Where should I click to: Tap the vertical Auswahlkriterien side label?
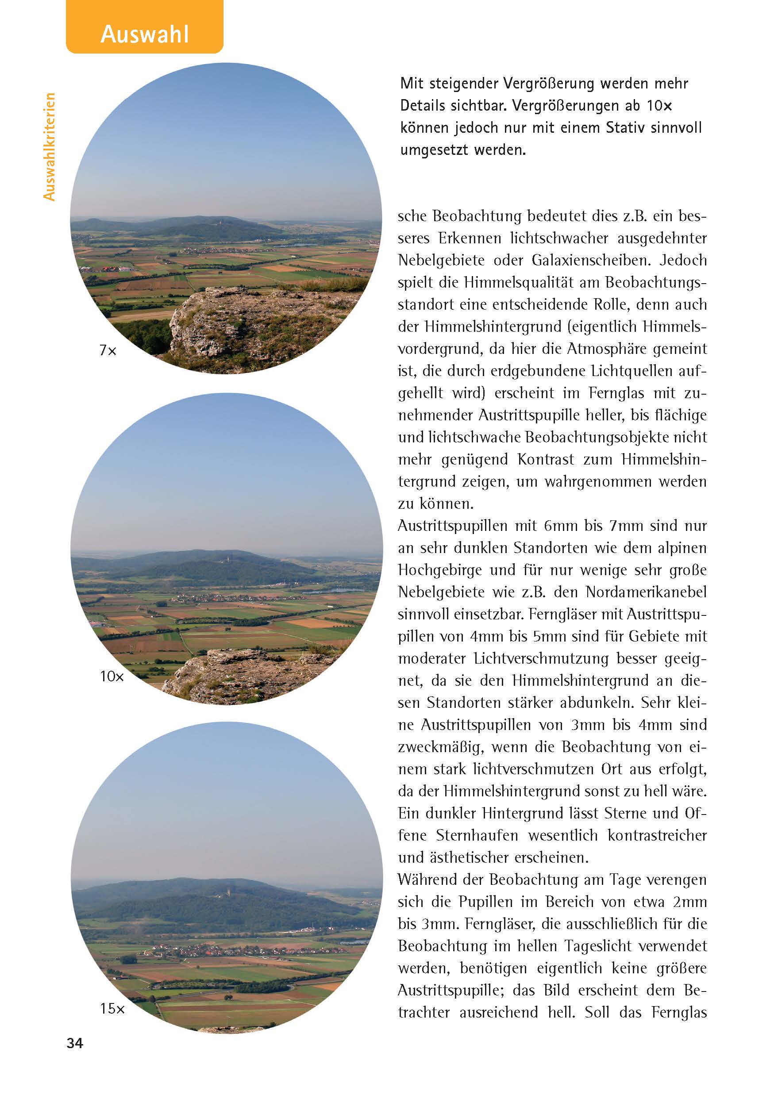click(49, 146)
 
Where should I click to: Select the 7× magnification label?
click(108, 351)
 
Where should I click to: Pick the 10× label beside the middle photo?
click(112, 676)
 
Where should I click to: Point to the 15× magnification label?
click(112, 1009)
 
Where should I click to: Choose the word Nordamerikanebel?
click(646, 592)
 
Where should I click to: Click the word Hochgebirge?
click(439, 570)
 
